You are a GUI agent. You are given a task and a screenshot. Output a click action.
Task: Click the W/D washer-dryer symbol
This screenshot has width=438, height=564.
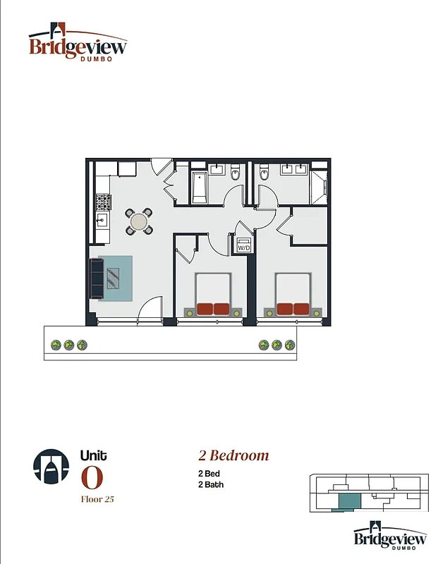point(243,245)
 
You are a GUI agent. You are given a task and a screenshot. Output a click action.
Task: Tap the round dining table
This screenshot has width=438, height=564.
point(139,221)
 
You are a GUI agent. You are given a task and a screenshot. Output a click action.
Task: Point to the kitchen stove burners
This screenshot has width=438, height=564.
point(103,202)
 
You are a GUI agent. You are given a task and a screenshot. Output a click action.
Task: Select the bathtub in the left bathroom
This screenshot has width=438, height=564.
point(199,185)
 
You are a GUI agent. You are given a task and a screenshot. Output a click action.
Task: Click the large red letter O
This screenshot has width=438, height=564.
point(92,478)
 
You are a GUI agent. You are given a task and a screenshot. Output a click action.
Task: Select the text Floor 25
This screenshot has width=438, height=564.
point(97,499)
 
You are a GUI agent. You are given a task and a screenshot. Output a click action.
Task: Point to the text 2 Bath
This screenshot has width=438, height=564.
point(210,484)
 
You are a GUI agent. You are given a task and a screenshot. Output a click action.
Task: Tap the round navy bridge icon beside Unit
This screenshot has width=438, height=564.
point(51,466)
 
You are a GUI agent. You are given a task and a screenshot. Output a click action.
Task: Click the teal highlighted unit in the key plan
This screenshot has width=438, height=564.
point(348,502)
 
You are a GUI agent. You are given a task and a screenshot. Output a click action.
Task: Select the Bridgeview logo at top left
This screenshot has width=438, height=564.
point(78,44)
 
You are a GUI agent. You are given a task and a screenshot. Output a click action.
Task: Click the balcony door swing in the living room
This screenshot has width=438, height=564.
point(150,309)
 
